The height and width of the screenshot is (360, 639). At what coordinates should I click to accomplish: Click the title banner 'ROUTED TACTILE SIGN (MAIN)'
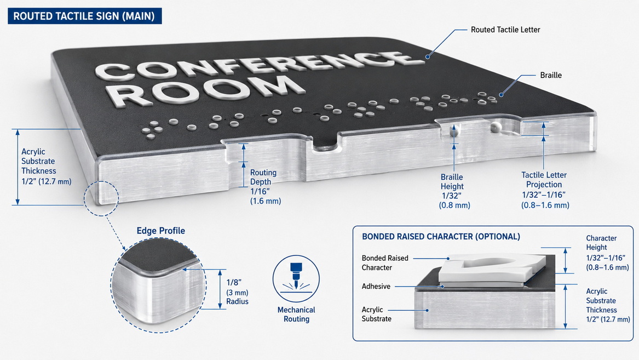point(84,16)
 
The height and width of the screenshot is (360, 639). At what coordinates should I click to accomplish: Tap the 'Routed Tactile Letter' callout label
point(505,30)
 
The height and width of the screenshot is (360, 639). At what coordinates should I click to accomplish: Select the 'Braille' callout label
point(550,75)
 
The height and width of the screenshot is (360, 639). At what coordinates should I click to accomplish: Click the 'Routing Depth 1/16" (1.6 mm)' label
point(266,187)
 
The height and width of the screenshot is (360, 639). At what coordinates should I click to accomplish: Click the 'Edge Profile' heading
point(160,231)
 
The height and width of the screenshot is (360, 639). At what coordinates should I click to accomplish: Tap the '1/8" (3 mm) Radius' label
point(237,292)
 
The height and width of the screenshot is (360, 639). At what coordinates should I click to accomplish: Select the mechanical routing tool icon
point(296,279)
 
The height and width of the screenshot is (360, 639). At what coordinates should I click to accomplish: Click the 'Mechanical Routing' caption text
point(296,315)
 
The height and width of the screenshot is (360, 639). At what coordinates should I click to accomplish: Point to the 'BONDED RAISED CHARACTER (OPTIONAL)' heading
point(441,237)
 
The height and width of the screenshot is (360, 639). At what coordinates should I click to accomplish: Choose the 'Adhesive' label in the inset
point(376,286)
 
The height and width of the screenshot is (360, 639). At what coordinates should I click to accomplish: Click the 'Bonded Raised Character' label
point(385,263)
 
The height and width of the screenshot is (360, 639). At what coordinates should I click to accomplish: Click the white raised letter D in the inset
point(492,267)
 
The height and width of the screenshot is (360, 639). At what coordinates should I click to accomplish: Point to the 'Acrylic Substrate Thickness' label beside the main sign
point(46,167)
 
